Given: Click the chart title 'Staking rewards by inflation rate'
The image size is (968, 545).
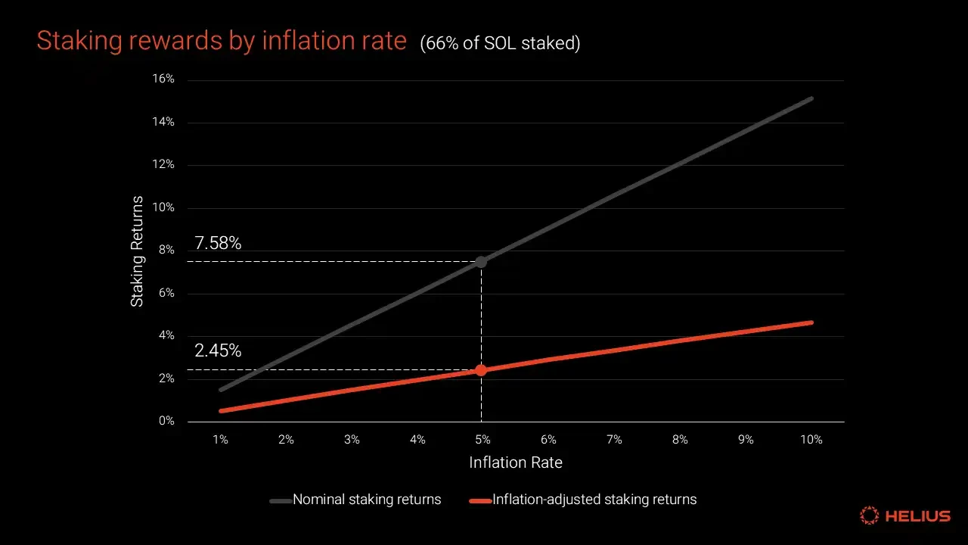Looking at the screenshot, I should click(x=221, y=41).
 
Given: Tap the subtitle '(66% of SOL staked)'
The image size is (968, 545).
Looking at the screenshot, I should click(x=500, y=44).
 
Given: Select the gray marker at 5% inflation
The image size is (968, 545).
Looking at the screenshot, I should click(x=481, y=262).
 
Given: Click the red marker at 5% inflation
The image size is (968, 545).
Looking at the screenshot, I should click(x=481, y=370).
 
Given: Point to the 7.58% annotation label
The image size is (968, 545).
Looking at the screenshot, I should click(x=218, y=243).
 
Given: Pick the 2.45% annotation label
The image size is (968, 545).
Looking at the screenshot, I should click(x=218, y=351).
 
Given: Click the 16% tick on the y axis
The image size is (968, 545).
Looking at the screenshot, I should click(x=165, y=79).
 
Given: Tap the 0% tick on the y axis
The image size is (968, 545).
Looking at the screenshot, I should click(x=167, y=422).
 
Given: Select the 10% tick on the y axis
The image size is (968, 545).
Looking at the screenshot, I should click(x=165, y=207).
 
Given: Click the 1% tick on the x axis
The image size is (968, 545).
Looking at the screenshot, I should click(x=220, y=440).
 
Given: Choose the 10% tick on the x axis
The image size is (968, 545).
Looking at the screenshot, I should click(x=811, y=440).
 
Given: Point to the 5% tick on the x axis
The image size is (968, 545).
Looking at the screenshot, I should click(x=482, y=440).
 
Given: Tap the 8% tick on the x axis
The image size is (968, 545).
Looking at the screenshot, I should click(x=680, y=440).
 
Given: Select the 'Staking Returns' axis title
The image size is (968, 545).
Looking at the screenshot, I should click(x=137, y=251).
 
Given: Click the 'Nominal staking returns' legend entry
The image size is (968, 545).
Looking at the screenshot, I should click(x=355, y=500).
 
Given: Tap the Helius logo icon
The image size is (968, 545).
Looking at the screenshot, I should click(x=870, y=516).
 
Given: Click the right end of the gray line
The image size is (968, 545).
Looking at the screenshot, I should click(x=811, y=98).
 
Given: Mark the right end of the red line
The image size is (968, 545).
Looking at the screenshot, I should click(x=811, y=322).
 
